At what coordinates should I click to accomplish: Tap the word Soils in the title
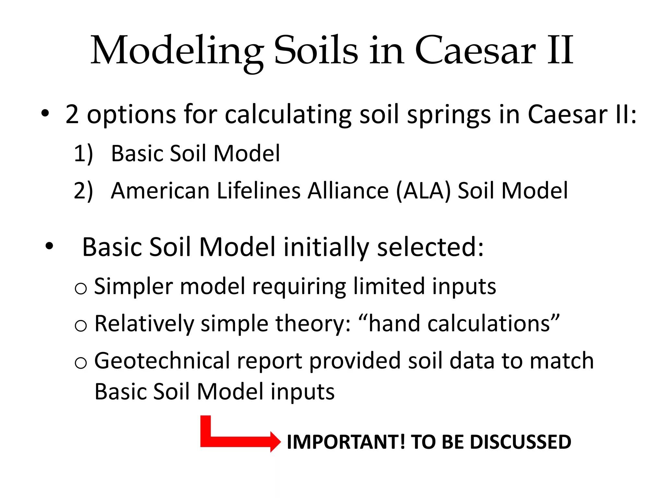click(316, 51)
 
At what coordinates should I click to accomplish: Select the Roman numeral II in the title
click(560, 51)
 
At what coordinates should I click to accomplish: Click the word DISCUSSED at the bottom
click(520, 442)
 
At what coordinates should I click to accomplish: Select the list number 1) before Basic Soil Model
click(83, 153)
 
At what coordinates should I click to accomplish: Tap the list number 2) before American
click(83, 190)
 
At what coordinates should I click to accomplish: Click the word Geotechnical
click(162, 361)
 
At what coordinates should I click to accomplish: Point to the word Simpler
click(133, 287)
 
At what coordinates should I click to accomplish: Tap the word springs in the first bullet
click(449, 115)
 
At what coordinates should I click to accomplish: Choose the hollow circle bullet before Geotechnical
click(81, 362)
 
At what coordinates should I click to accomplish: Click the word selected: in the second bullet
click(430, 247)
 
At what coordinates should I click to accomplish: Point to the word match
click(562, 361)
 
